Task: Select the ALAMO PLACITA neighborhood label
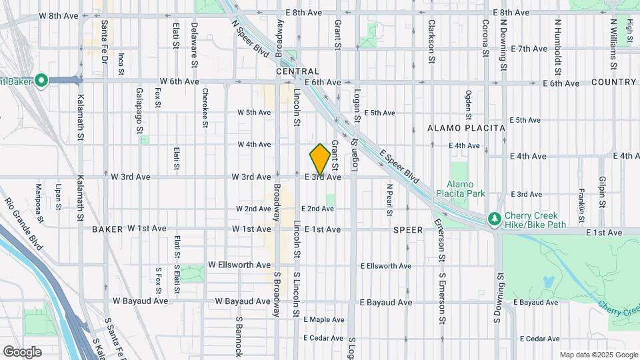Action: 466,128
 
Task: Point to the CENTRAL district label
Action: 297,71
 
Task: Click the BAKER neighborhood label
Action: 107,229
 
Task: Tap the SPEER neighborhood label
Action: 408,229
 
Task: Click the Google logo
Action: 22,351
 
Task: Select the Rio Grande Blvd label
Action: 24,223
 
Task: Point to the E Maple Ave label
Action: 323,320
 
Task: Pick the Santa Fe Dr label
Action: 105,41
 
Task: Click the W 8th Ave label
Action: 59,14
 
